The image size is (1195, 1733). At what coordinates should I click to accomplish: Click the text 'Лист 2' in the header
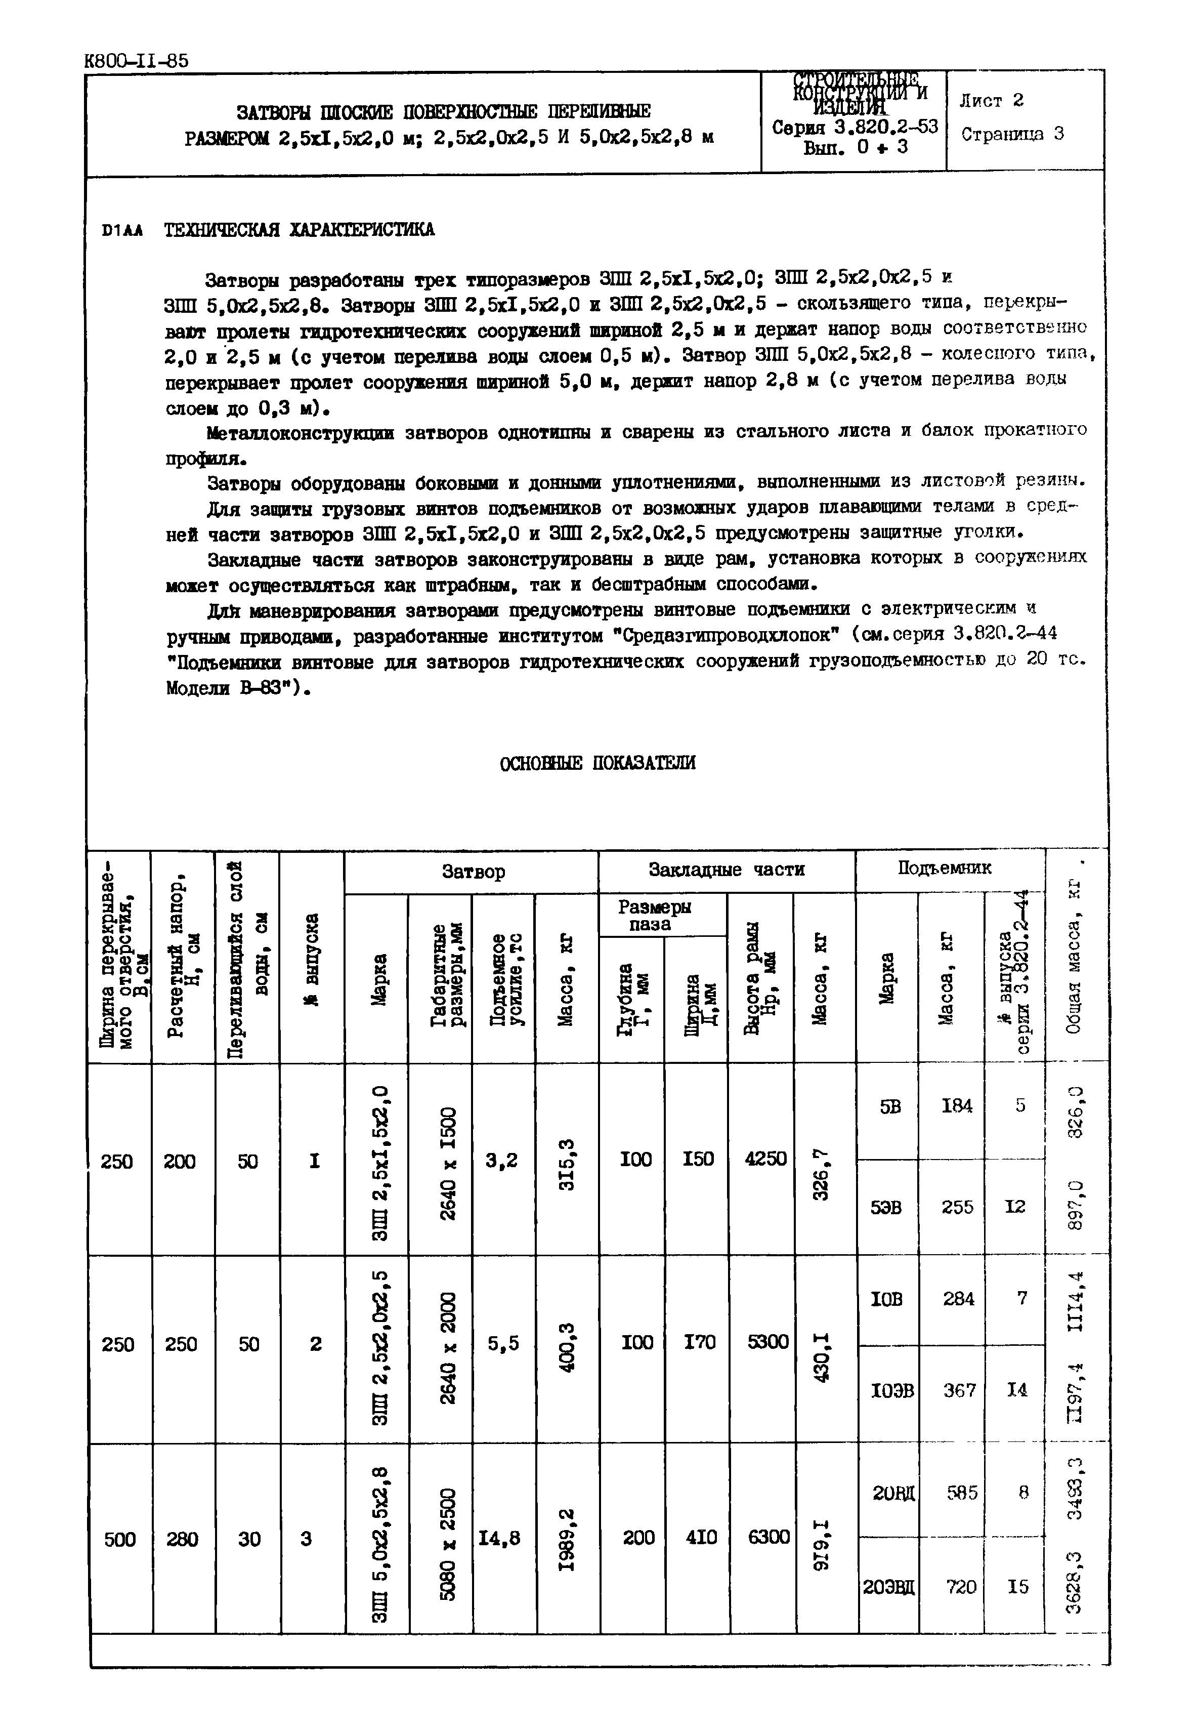tap(991, 100)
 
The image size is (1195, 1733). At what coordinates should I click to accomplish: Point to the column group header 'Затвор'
tap(473, 872)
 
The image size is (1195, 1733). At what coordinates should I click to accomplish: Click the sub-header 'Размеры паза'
tap(654, 915)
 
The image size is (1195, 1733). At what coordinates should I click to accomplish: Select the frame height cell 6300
tap(768, 1537)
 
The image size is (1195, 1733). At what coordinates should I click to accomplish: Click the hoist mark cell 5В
tap(889, 1106)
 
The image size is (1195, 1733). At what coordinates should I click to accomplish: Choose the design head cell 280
tap(182, 1539)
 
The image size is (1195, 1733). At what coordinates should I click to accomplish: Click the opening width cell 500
tap(120, 1539)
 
